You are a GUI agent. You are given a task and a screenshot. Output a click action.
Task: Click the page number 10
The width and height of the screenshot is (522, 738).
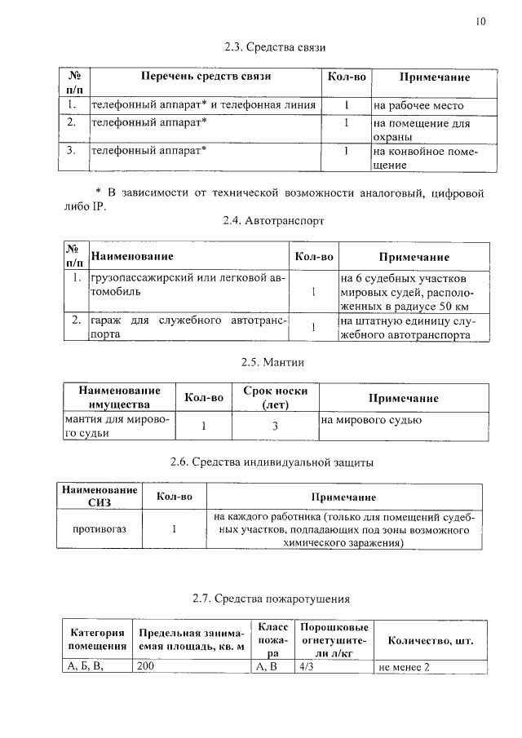480,22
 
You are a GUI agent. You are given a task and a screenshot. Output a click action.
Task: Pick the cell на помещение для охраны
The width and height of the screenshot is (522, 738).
422,130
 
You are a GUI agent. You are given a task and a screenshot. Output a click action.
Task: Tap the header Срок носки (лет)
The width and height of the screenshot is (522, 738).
276,398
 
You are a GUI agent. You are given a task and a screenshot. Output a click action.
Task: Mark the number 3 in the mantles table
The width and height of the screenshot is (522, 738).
276,426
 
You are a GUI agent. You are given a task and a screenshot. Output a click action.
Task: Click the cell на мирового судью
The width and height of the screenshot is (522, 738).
371,421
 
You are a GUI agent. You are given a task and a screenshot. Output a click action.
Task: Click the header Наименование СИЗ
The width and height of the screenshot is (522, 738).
99,497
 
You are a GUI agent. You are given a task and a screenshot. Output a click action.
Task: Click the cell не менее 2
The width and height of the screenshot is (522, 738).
404,668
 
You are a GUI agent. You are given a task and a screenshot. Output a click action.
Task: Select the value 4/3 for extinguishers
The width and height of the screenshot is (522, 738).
307,667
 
